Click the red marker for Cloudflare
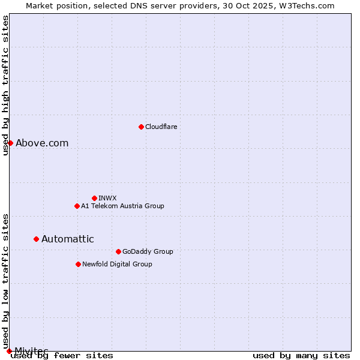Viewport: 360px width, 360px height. click(x=141, y=127)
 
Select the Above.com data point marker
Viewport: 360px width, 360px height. click(x=10, y=143)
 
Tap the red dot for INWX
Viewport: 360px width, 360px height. click(x=94, y=198)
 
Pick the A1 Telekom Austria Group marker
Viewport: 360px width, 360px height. click(x=77, y=206)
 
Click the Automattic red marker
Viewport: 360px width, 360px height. click(x=36, y=239)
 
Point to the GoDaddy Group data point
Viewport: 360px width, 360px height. click(x=118, y=251)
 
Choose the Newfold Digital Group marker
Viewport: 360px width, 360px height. click(x=78, y=264)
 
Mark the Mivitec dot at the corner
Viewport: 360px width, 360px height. click(x=9, y=350)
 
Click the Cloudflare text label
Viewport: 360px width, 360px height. click(x=161, y=127)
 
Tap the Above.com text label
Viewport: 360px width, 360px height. click(x=42, y=143)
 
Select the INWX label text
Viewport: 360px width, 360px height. click(x=107, y=198)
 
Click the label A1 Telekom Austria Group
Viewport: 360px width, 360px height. click(x=122, y=206)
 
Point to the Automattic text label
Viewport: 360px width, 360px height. click(x=67, y=239)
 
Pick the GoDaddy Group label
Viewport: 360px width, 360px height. click(x=148, y=251)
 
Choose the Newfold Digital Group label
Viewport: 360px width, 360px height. click(x=117, y=264)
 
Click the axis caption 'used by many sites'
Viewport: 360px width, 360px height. click(x=301, y=355)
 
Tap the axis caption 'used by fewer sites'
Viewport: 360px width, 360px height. click(x=62, y=355)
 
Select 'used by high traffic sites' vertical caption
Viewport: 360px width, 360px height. click(x=5, y=85)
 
